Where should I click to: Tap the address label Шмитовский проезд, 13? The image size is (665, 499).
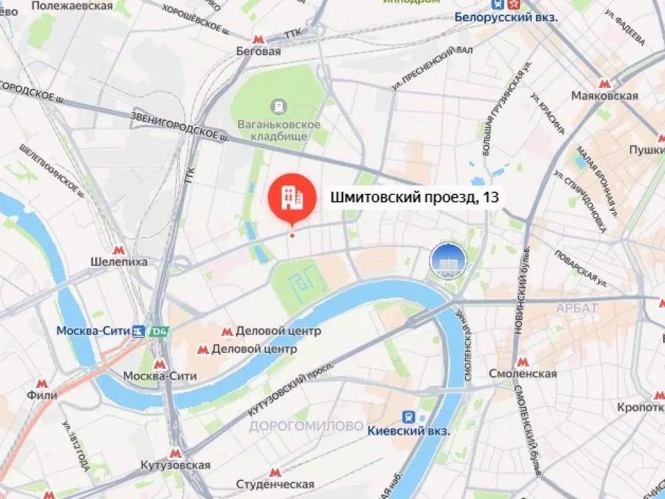coord(414,198)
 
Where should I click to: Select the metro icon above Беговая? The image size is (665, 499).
coord(259,38)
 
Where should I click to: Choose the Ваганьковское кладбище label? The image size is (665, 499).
coord(279,130)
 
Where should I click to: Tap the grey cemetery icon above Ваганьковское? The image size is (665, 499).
coord(279,106)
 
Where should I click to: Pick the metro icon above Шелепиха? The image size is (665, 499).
coord(118,249)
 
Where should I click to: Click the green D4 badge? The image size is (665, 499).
coord(158,331)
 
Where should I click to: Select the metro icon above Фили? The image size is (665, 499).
coord(43,383)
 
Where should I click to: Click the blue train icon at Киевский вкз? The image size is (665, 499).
coord(409,417)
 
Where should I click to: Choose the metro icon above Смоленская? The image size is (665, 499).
coord(522,361)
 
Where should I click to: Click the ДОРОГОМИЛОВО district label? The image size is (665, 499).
coord(307,426)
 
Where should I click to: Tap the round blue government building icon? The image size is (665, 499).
coord(447,259)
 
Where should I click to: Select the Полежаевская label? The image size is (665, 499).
coord(78,5)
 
